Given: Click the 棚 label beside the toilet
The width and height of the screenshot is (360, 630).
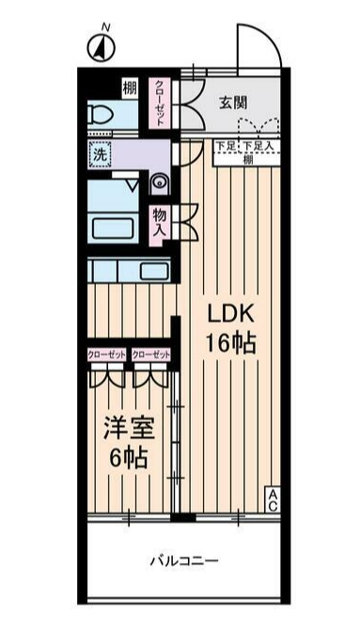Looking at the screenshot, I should click(128, 89).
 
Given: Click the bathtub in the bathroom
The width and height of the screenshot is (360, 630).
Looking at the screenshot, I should click(114, 228).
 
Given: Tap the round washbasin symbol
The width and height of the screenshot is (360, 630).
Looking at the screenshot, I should click(158, 181).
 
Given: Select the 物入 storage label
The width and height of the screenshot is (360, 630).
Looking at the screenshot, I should click(160, 223).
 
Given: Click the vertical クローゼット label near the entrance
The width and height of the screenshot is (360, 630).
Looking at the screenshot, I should click(160, 101).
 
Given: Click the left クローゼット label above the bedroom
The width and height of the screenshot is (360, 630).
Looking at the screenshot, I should click(107, 354).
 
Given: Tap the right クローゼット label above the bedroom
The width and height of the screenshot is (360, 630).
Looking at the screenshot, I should click(150, 354).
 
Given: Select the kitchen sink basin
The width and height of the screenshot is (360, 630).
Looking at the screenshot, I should click(153, 271).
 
